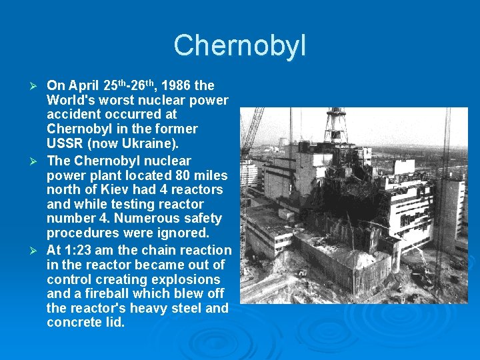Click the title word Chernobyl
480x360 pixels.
[x=240, y=45]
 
